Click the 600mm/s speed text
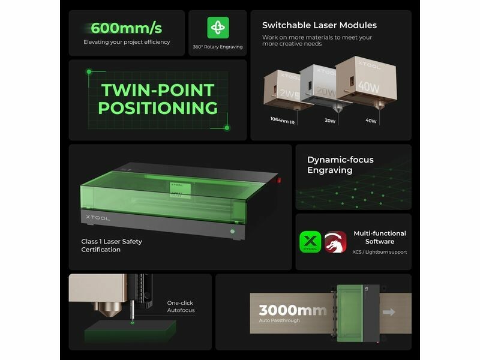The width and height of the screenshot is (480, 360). pyautogui.click(x=126, y=28)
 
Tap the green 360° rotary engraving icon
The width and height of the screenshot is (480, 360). pyautogui.click(x=218, y=28)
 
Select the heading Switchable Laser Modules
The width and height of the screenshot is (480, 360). pyautogui.click(x=319, y=25)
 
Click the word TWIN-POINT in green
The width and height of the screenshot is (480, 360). pyautogui.click(x=158, y=90)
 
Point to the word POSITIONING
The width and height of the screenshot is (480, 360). pyautogui.click(x=158, y=108)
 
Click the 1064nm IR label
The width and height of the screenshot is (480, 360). pyautogui.click(x=282, y=121)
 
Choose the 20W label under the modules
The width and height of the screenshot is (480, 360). pyautogui.click(x=330, y=121)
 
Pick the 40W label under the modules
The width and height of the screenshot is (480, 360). pyautogui.click(x=371, y=121)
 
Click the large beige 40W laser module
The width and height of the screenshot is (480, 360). pyautogui.click(x=366, y=81)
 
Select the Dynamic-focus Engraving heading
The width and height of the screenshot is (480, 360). pyautogui.click(x=340, y=164)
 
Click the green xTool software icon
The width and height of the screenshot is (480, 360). pyautogui.click(x=310, y=242)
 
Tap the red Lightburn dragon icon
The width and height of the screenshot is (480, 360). pyautogui.click(x=335, y=242)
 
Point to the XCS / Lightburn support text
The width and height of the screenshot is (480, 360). pyautogui.click(x=380, y=252)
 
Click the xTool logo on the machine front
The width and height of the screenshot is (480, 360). pyautogui.click(x=98, y=218)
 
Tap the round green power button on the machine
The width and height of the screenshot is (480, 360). pyautogui.click(x=232, y=232)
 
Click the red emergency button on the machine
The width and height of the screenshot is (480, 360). pyautogui.click(x=279, y=181)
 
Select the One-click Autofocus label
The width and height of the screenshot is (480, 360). pyautogui.click(x=181, y=307)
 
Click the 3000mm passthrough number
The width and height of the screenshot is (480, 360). pyautogui.click(x=292, y=310)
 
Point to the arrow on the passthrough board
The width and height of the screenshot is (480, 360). pyautogui.click(x=389, y=312)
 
